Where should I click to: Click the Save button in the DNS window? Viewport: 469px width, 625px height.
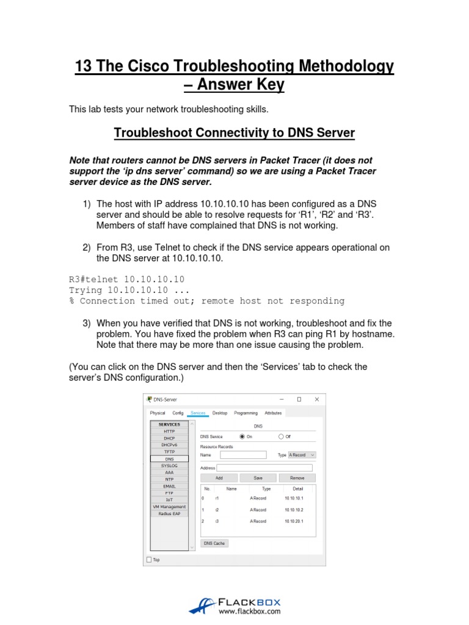click(258, 478)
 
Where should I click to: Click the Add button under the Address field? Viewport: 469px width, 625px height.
click(219, 478)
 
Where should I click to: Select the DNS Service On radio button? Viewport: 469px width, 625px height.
click(242, 436)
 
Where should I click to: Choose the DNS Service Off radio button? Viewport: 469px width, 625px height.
click(281, 436)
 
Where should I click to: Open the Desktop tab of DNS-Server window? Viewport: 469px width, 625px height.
click(220, 413)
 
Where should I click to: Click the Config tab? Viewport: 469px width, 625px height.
click(178, 413)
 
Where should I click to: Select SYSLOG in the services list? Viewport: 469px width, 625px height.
click(169, 465)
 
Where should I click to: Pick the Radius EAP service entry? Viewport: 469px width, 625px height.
click(169, 513)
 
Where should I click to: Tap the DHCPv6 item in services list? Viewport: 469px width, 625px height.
click(169, 445)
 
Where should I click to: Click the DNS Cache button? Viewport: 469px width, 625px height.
click(214, 543)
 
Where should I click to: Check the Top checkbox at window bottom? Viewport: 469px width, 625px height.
click(150, 559)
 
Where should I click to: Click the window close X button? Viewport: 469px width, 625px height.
click(316, 399)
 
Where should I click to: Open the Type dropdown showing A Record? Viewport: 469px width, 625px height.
click(302, 455)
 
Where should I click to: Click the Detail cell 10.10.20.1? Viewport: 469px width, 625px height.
click(293, 521)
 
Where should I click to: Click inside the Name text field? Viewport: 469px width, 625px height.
click(243, 455)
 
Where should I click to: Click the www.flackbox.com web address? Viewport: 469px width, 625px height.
click(249, 610)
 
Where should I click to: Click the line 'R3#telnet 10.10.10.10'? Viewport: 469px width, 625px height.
click(126, 279)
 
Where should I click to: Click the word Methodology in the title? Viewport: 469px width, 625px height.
click(334, 66)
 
